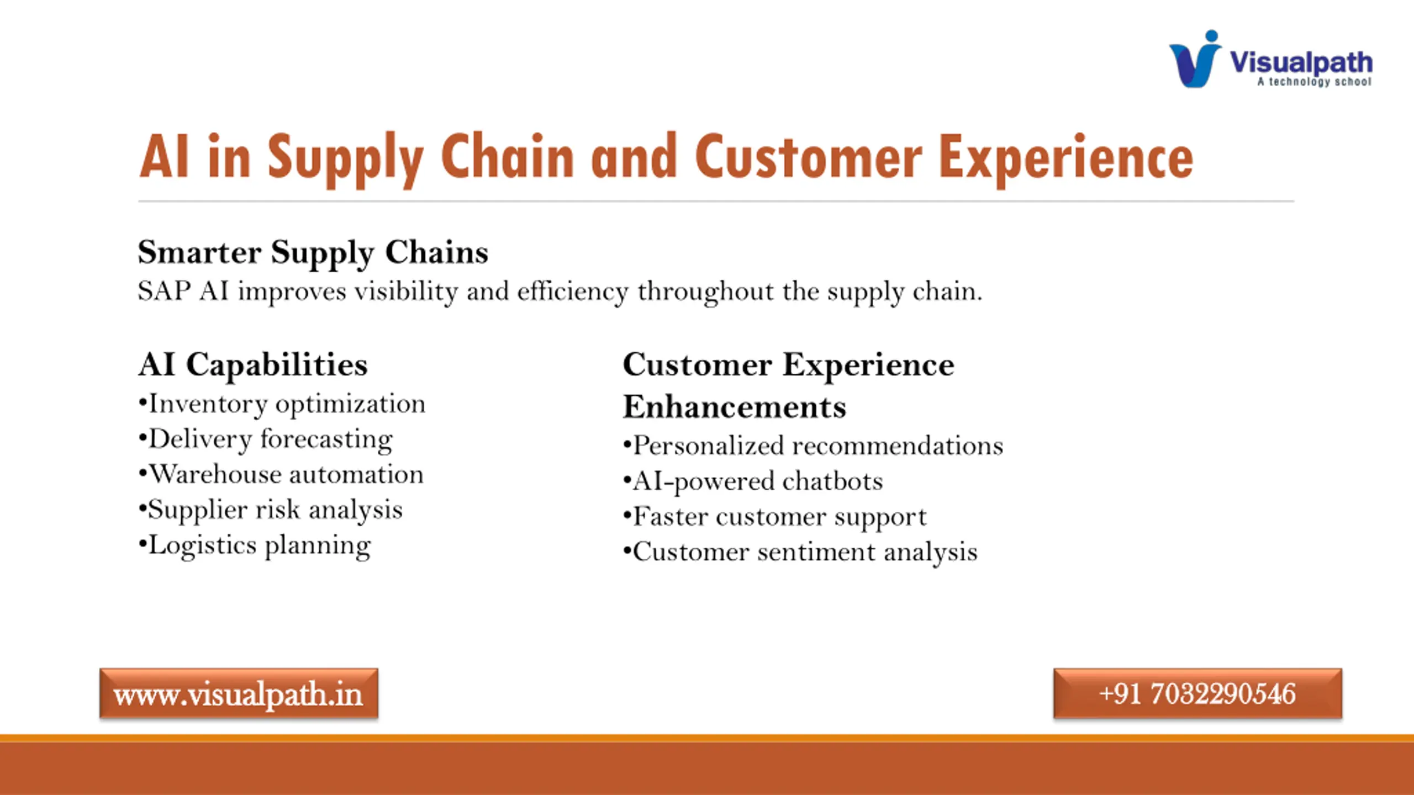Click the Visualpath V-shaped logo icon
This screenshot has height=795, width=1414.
[1195, 59]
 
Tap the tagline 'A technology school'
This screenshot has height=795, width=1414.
[1315, 82]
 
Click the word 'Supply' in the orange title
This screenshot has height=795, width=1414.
[346, 160]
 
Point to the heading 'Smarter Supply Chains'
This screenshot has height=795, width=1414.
[313, 253]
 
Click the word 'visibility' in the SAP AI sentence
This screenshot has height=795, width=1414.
[406, 291]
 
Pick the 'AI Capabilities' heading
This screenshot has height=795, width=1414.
[253, 365]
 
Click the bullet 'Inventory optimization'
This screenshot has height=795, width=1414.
[282, 404]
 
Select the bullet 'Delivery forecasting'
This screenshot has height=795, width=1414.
[266, 440]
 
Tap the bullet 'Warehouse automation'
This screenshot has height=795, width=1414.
[281, 474]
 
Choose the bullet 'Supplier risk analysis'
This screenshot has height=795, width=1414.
[271, 510]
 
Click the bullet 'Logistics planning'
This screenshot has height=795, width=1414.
[255, 546]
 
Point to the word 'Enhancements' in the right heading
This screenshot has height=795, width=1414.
[735, 407]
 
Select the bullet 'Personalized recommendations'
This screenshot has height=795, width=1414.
[813, 446]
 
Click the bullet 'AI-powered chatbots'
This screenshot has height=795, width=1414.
[753, 481]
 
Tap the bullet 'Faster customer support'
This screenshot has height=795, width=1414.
[774, 517]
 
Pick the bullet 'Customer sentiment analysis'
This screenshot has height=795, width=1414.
[800, 553]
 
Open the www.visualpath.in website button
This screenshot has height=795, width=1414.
[239, 693]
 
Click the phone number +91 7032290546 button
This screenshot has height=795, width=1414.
[1197, 693]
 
